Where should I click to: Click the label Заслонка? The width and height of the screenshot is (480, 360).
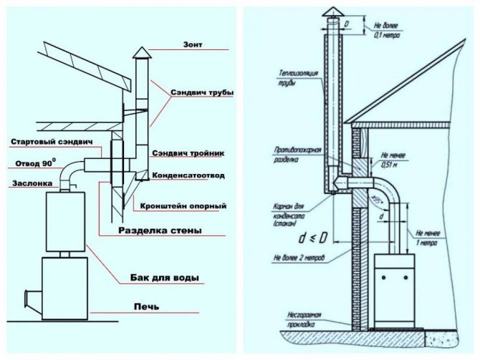coord(32,183)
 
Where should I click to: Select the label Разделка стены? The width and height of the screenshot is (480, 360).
coord(159,230)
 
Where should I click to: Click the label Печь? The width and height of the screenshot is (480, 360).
coord(146,307)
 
